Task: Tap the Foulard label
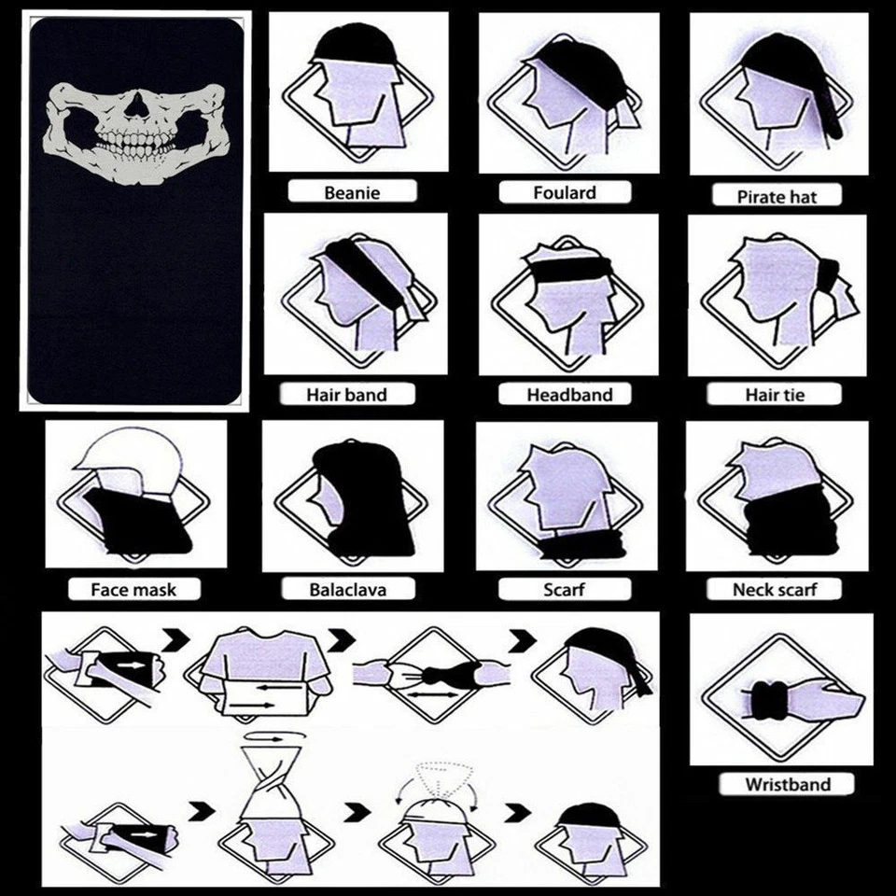(x=564, y=193)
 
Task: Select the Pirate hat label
(x=777, y=197)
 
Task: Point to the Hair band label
(x=346, y=395)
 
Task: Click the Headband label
(x=569, y=395)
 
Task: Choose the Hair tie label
(x=775, y=395)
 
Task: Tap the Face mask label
(x=133, y=590)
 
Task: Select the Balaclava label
(x=347, y=590)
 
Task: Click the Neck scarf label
(x=775, y=590)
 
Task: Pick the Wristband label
(x=787, y=784)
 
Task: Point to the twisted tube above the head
(x=275, y=775)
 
